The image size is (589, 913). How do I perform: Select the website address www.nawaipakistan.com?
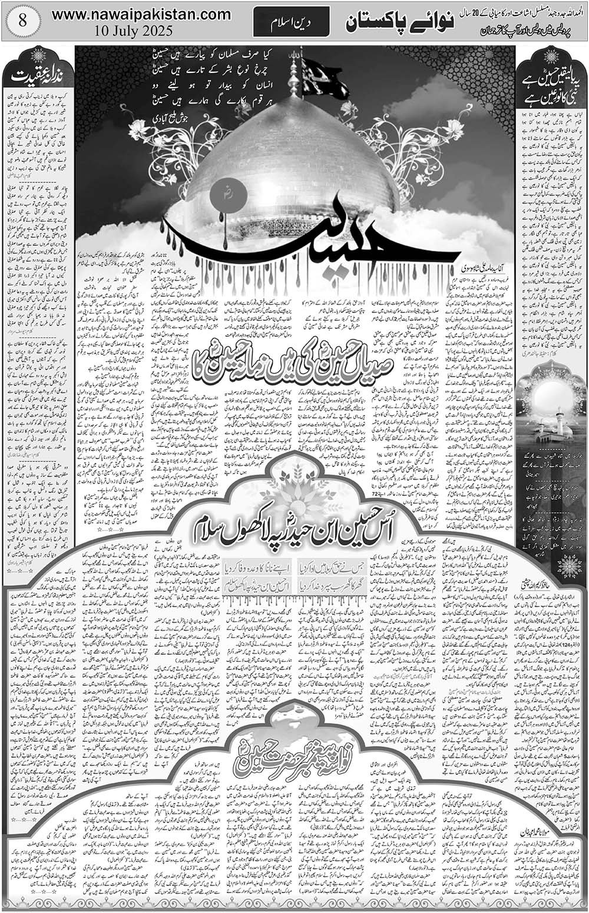pos(141,14)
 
